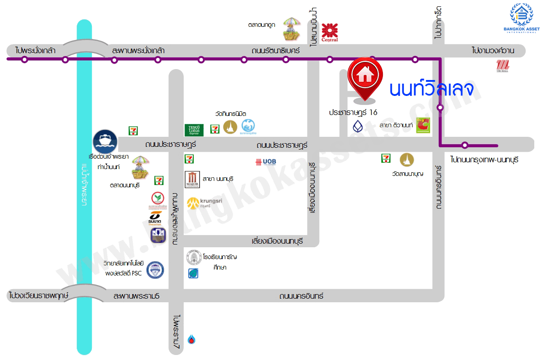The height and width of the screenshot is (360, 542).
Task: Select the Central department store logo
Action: click(330, 32)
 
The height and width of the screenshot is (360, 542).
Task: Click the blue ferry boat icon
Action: click(105, 142)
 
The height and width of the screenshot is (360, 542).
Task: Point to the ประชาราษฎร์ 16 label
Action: click(353, 112)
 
